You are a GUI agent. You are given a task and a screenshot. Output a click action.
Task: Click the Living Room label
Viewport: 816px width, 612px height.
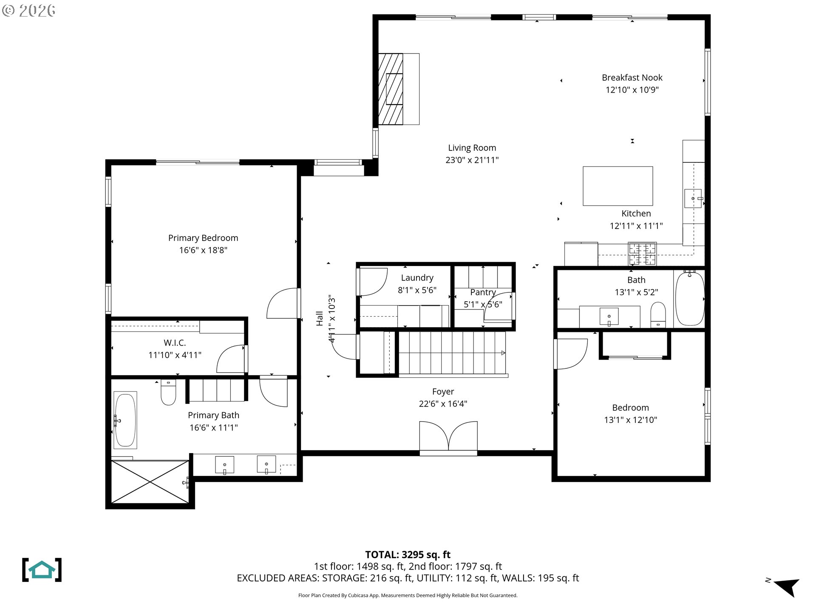click(472, 148)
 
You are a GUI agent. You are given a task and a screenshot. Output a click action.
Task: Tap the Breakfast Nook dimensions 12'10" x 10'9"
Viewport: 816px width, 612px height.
click(632, 90)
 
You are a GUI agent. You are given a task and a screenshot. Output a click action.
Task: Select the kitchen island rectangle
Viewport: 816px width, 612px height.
click(618, 186)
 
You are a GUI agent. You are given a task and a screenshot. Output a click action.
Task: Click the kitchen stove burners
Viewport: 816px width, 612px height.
click(642, 254)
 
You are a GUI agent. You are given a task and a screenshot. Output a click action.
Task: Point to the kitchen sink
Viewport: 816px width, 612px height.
click(693, 198)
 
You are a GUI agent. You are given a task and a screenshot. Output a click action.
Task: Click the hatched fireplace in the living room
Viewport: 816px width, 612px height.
click(390, 89)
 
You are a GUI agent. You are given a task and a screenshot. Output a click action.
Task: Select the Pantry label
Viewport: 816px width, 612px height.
click(483, 292)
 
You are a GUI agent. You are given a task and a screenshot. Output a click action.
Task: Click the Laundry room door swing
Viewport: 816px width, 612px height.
click(373, 282)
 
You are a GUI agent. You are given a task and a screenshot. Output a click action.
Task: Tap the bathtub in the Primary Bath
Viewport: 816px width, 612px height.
click(125, 420)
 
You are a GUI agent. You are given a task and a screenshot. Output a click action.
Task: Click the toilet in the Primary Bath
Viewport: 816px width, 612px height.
click(168, 393)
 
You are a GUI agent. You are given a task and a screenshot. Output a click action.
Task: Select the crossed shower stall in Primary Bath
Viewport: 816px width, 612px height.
click(150, 482)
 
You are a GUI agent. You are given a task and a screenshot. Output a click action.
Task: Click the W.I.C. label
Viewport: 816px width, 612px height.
click(175, 343)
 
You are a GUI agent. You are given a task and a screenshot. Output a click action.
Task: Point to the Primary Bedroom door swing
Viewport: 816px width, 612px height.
click(282, 303)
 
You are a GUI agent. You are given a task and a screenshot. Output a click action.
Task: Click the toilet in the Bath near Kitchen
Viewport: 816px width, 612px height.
click(658, 315)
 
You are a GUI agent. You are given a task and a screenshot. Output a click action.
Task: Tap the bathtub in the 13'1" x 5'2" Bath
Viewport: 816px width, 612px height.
click(689, 299)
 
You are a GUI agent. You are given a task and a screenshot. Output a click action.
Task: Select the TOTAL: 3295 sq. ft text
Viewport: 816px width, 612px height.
click(408, 555)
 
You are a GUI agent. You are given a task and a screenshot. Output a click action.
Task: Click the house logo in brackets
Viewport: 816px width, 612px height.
click(42, 570)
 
